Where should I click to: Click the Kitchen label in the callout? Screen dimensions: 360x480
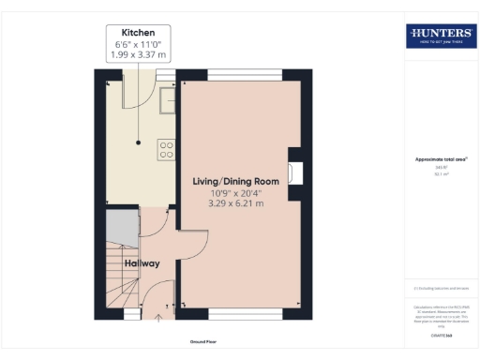tap(138, 32)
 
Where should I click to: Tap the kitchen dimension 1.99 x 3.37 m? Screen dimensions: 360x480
tap(138, 54)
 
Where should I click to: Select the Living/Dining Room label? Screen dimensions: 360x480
tap(236, 180)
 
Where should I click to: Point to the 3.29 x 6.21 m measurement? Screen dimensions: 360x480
tap(236, 203)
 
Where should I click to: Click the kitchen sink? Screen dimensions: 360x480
tap(167, 97)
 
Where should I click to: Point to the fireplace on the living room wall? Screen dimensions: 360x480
tap(296, 171)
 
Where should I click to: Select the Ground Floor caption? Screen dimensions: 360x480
tap(203, 342)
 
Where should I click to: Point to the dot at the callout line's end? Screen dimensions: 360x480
tap(138, 143)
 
